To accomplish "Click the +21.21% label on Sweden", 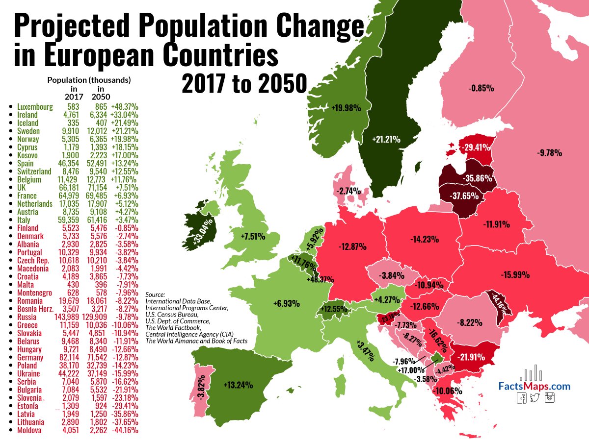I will click(386, 140).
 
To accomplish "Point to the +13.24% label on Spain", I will click(238, 385).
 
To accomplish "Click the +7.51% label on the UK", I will click(253, 237).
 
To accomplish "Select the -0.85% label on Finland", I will click(481, 89).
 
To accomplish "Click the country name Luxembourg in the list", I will click(35, 106).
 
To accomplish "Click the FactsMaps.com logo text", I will click(535, 387).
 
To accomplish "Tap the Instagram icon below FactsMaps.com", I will click(550, 398).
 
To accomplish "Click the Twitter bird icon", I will click(535, 398).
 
